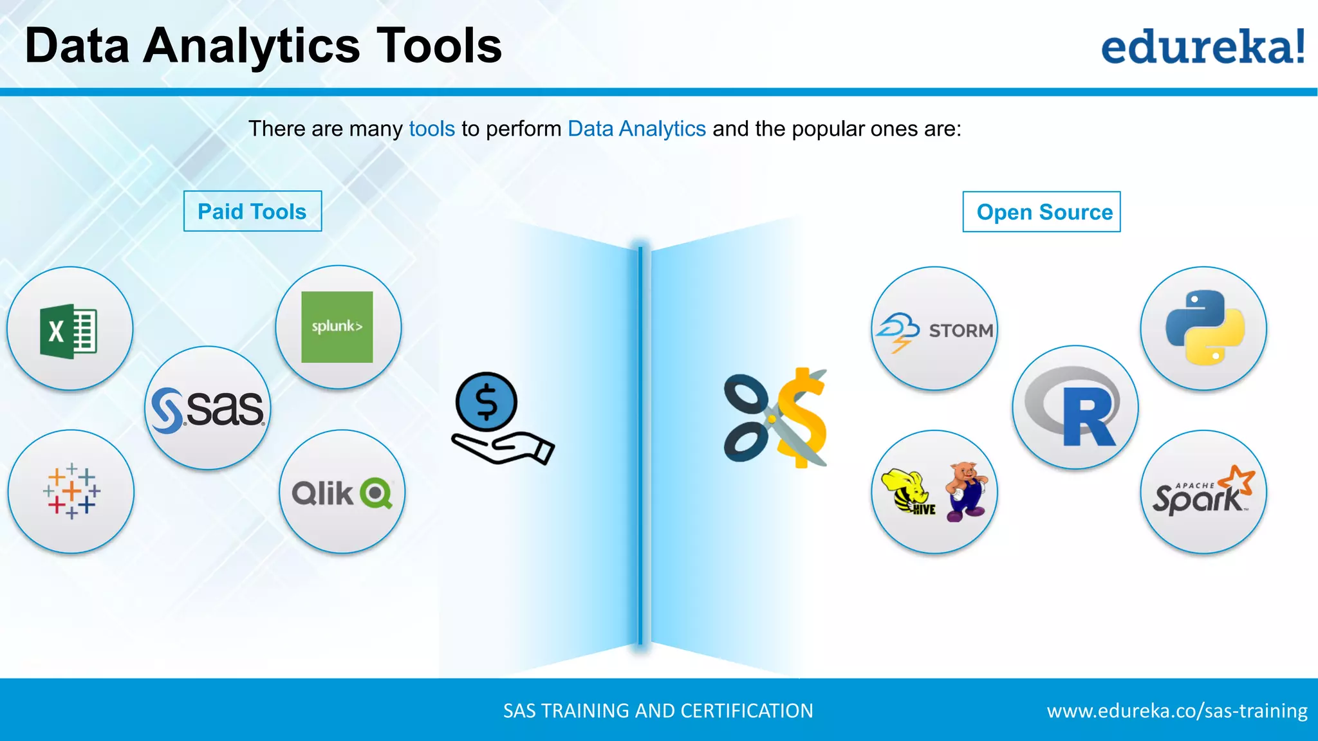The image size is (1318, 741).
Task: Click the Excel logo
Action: coord(69,331)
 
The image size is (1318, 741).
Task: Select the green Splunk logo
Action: coord(337,327)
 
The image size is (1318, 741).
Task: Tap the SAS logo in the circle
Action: coord(208,409)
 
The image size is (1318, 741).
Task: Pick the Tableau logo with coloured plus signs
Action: coord(71,491)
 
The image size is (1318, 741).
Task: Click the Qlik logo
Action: coord(342,493)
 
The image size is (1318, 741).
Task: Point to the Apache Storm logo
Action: coord(934,331)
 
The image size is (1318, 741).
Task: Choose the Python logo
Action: coord(1204,327)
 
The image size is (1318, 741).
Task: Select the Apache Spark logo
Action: coord(1203,493)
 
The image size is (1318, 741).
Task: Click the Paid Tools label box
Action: coord(252,212)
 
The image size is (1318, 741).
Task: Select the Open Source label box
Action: coord(1041,212)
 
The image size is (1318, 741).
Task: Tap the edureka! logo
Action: coord(1203,47)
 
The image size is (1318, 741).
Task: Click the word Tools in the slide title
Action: coord(438,46)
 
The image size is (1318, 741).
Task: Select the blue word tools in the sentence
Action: coord(432,129)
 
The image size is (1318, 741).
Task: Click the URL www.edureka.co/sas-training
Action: coord(1176,711)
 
